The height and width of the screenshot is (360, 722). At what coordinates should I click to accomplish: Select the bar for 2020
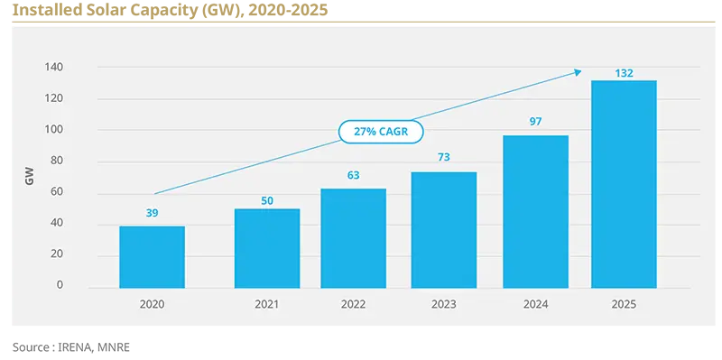(152, 257)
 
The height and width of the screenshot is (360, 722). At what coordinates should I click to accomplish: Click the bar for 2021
(266, 248)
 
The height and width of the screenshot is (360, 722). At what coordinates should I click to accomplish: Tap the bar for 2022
(353, 238)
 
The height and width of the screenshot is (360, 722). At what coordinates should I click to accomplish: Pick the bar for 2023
(443, 230)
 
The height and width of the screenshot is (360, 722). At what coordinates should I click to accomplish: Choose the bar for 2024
(535, 212)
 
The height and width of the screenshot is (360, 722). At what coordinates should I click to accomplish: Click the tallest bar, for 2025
(624, 184)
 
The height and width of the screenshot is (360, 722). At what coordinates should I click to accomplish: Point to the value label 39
(152, 213)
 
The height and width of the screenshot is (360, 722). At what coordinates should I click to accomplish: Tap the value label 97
(535, 122)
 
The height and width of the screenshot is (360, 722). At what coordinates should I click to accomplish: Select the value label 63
(353, 175)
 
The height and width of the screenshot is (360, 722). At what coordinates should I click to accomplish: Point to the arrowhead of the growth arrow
(579, 71)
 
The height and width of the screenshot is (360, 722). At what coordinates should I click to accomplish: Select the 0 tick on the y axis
(60, 285)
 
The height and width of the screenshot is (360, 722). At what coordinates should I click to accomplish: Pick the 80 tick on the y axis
(56, 162)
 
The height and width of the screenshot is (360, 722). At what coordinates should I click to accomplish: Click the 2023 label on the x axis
(443, 305)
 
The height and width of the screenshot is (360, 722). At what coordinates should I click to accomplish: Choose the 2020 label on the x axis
(152, 305)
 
